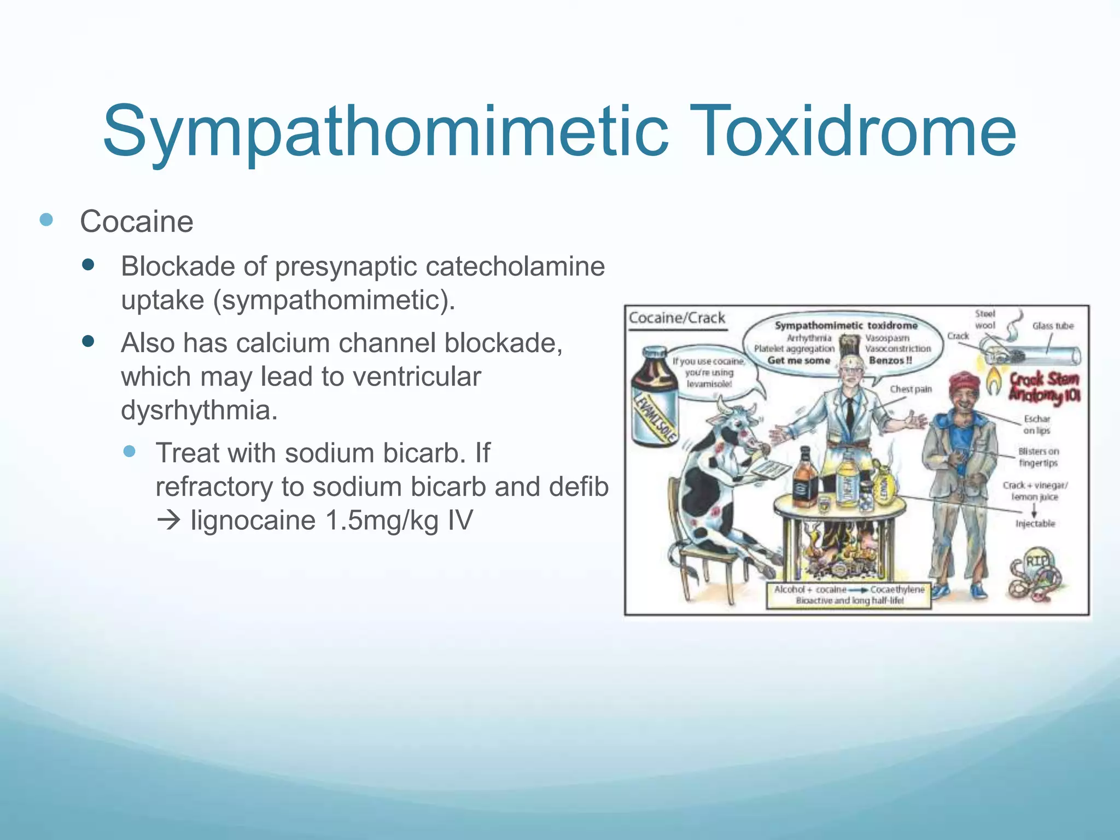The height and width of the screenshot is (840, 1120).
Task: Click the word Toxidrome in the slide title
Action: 856,132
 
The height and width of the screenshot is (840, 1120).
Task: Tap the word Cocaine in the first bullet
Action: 137,221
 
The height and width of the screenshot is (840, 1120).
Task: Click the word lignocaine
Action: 253,520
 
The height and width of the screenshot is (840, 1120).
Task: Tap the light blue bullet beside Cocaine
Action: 46,220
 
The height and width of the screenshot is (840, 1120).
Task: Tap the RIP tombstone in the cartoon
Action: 1035,563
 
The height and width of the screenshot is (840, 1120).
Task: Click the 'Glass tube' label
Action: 1053,326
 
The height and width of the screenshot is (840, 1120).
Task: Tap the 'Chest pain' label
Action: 911,389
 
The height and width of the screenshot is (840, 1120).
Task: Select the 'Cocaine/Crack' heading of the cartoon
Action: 677,318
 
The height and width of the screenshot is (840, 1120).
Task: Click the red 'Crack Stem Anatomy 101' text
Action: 1043,387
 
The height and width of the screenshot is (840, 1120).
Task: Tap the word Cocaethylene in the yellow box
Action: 897,590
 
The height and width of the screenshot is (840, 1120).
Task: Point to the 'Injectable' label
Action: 1035,523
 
